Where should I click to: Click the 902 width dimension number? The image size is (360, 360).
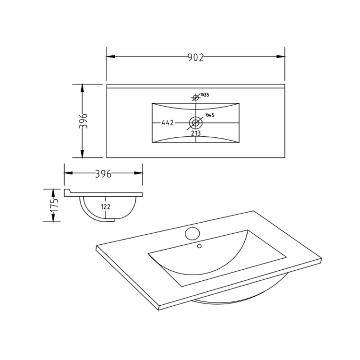tap(195, 57)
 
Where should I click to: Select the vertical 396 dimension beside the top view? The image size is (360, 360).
tap(83, 121)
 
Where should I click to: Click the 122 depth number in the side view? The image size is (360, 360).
tap(106, 206)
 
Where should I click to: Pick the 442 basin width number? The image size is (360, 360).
tap(167, 123)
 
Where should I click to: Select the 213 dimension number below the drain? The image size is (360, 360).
tap(196, 133)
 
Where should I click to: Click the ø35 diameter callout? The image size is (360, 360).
tap(204, 95)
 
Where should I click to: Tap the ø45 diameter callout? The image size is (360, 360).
tap(209, 115)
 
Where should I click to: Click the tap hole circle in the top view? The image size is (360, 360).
tap(195, 98)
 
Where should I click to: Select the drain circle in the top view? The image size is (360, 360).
tap(195, 122)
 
